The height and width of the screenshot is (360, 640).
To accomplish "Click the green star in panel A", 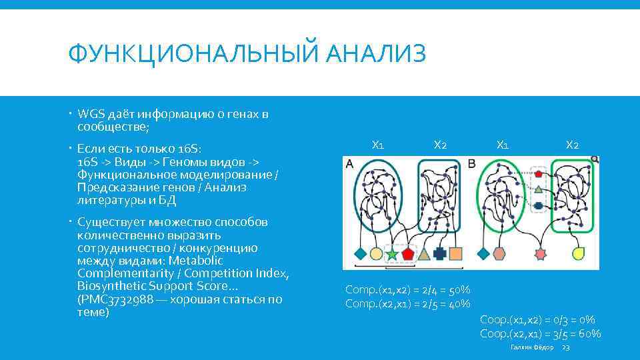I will point(391,254).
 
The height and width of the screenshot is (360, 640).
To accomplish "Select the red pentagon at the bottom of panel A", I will point(407,254).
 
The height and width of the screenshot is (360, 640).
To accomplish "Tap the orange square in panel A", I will point(456,253).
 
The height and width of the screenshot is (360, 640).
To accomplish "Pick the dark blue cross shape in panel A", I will point(439,253).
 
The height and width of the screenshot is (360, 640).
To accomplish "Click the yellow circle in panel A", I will point(376,254).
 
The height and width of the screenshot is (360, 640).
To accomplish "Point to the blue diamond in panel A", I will point(360,253).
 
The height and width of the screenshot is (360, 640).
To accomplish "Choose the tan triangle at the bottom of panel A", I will point(423,253).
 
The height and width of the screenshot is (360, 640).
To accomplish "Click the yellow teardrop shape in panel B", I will point(579,253).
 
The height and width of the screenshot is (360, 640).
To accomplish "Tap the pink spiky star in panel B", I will point(540,254).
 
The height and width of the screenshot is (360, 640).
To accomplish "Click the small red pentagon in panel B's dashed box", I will point(538,173).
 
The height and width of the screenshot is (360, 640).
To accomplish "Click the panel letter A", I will point(349,163).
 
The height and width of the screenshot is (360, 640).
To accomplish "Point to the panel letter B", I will point(472,163).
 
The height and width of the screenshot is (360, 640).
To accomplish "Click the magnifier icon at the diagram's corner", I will point(594,160).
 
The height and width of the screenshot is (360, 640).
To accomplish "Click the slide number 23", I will point(566,348).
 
